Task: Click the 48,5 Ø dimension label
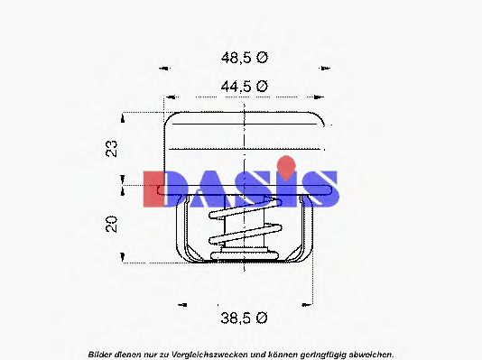[245, 57]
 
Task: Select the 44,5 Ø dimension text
[245, 87]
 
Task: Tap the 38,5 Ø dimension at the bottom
[245, 317]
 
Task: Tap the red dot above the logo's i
[286, 164]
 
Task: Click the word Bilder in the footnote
[102, 353]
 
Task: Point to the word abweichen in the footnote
[368, 353]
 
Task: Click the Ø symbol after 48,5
[263, 57]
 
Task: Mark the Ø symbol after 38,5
[263, 317]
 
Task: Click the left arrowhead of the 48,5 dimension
[164, 68]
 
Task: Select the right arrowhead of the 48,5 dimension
[323, 68]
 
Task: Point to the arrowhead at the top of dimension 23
[125, 115]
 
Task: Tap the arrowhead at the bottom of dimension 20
[125, 260]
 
